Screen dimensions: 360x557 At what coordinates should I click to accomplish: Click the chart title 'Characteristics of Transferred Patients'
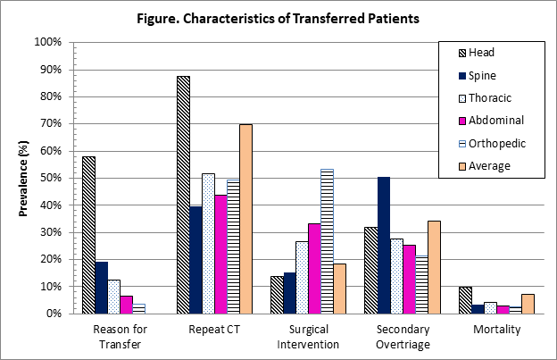coord(278,17)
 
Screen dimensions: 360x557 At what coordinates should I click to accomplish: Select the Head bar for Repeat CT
coord(183,195)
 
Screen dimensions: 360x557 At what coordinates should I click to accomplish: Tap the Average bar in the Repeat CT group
coord(245,219)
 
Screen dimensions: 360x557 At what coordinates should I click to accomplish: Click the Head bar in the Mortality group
coord(464,300)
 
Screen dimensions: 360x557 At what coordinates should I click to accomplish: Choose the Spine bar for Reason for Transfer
coord(101,288)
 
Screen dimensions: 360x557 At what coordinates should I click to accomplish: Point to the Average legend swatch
coord(454,165)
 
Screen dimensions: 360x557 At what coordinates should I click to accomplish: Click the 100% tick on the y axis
coord(46,42)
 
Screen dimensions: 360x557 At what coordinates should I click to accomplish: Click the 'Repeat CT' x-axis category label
coord(213,330)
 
